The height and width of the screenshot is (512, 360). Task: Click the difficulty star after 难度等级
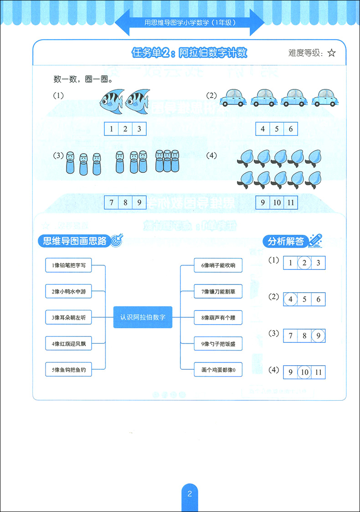click(331, 53)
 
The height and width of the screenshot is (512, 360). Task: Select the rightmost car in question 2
click(324, 98)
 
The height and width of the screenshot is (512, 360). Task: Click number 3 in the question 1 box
click(139, 129)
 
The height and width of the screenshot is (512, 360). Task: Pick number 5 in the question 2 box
click(277, 129)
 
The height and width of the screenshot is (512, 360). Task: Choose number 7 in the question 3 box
click(112, 202)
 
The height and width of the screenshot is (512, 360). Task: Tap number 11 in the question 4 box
click(290, 202)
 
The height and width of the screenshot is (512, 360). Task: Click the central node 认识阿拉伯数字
click(143, 317)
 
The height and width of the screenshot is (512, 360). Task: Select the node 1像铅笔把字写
click(69, 265)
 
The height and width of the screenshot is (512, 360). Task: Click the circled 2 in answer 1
click(304, 263)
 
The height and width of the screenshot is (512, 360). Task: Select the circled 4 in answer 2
click(290, 300)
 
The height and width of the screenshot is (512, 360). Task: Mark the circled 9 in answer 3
click(318, 336)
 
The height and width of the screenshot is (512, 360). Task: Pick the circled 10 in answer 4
click(304, 372)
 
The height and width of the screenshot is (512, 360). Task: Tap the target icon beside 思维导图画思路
click(117, 241)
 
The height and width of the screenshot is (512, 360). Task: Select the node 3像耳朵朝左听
click(69, 317)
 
